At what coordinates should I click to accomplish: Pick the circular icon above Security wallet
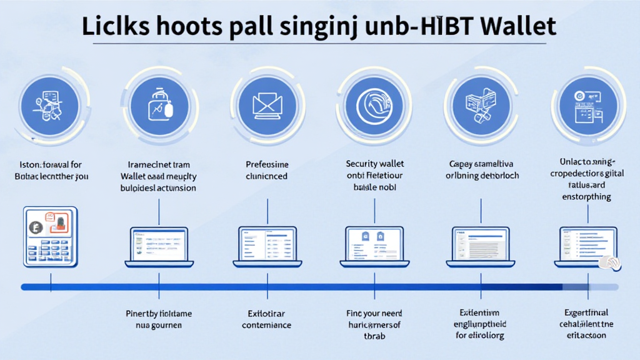374,103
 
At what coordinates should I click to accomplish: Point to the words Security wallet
374,164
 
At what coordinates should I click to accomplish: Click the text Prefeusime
267,164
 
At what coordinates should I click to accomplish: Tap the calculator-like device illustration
49,237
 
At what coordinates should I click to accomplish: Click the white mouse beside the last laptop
609,262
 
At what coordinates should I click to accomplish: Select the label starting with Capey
480,164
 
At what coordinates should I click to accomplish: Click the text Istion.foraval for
50,165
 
